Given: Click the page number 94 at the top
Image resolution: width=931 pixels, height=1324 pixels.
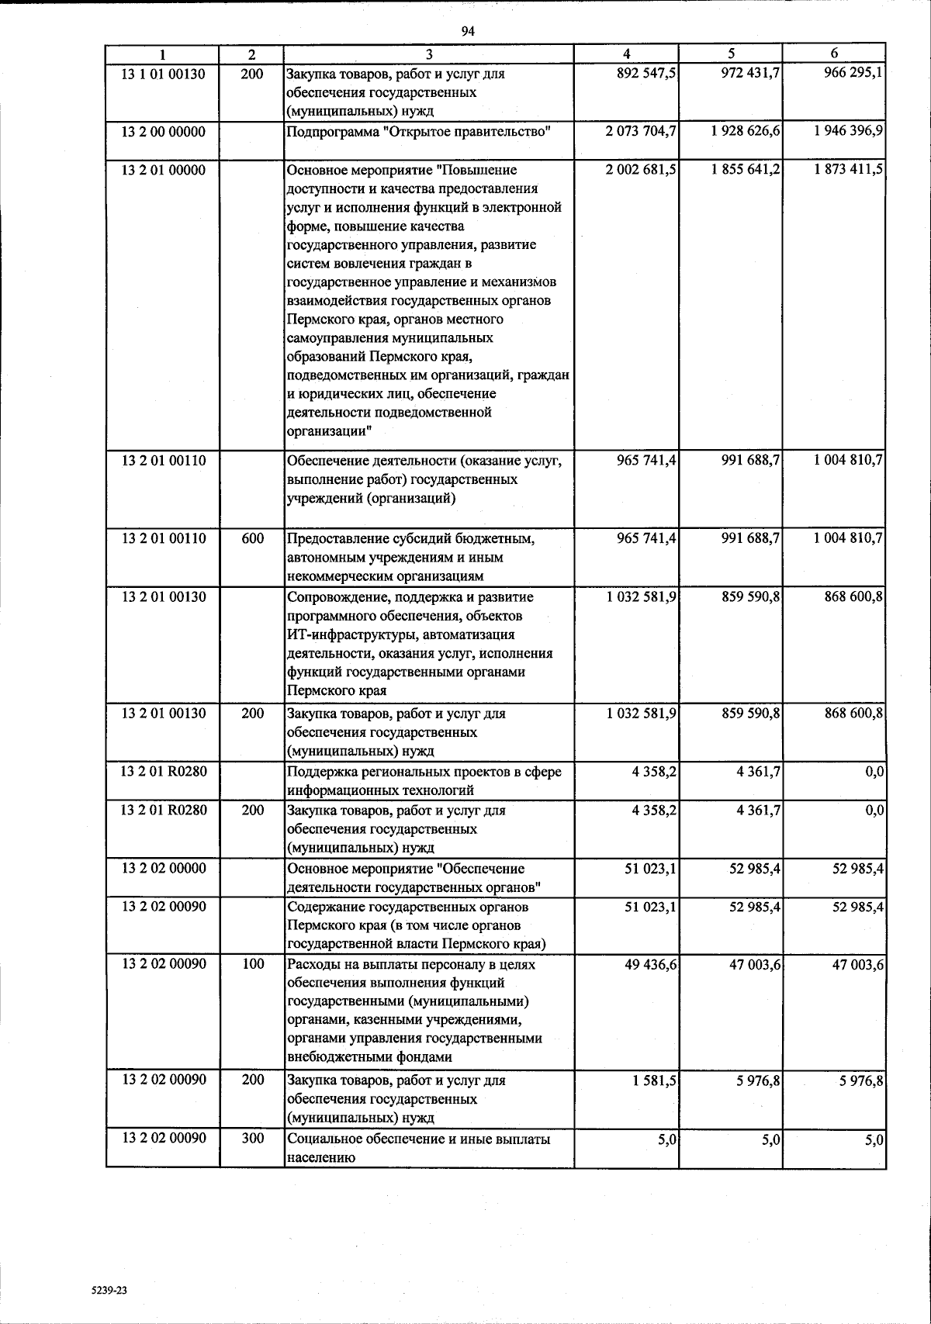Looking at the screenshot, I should point(467,30).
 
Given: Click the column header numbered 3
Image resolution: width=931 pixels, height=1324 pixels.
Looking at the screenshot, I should point(429,54).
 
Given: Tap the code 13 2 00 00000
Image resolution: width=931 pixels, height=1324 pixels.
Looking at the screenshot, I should point(164,131).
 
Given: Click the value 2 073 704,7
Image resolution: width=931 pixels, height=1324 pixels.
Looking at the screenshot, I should point(641,131).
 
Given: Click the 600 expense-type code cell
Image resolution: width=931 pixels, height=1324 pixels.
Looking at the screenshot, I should point(253,538).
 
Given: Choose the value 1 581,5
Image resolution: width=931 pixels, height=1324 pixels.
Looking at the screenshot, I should point(654,1080).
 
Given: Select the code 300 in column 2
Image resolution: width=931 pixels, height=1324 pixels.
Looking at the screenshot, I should point(253,1138).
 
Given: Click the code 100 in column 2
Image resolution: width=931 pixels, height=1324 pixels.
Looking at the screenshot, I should point(253,964).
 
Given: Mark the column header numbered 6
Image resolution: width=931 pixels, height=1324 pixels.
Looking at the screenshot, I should point(834,54).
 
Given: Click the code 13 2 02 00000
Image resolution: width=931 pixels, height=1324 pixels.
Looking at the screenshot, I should point(164,868).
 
